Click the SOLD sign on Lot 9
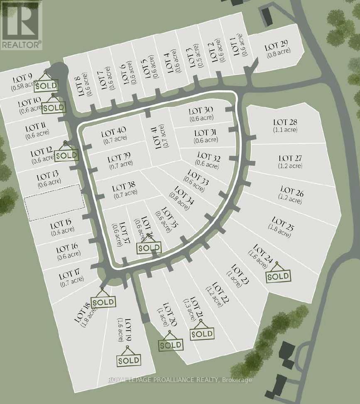click(46, 86)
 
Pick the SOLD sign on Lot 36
click(149, 247)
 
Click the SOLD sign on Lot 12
click(66, 155)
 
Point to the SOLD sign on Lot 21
click(202, 333)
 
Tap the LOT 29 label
click(276, 47)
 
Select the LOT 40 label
click(113, 133)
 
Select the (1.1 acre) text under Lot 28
click(285, 129)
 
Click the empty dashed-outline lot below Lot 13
click(54, 202)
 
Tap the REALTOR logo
click(21, 25)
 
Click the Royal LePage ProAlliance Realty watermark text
click(179, 380)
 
